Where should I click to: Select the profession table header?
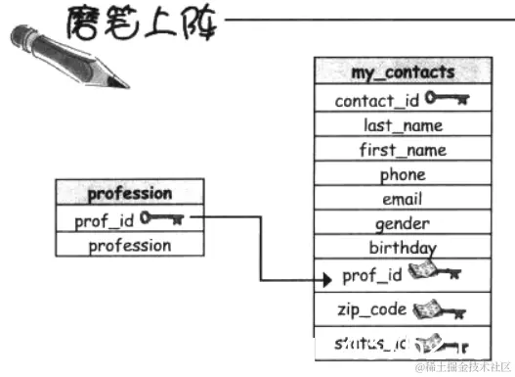(x=129, y=193)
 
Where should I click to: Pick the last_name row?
(x=403, y=124)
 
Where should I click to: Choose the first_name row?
(x=403, y=150)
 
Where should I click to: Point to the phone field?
(x=403, y=175)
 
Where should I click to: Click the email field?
(x=403, y=200)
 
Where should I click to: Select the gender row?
(x=403, y=224)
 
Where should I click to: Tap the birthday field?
(x=403, y=249)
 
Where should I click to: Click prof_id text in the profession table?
(x=104, y=220)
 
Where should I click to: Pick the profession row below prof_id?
(x=129, y=245)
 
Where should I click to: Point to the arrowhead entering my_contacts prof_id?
(x=328, y=279)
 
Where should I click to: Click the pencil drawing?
(x=68, y=54)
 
